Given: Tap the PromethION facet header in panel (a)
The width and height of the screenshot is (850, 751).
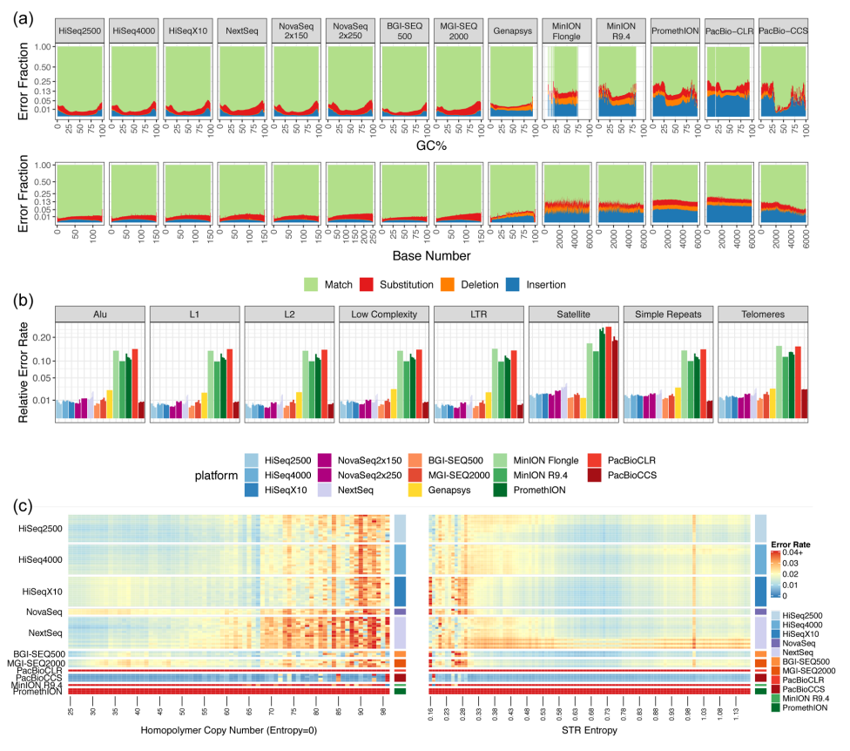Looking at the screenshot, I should coord(674,30).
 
